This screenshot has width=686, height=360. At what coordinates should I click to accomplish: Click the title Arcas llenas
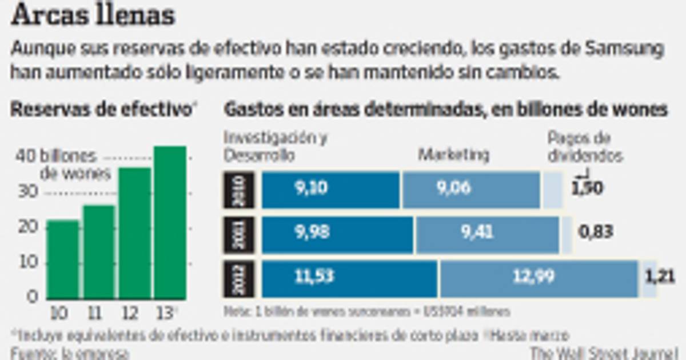(x=93, y=17)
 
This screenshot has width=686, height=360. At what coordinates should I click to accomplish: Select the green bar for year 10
(x=63, y=260)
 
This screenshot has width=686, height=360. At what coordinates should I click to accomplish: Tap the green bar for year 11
(x=98, y=253)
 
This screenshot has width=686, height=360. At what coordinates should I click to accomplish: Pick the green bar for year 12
(x=134, y=233)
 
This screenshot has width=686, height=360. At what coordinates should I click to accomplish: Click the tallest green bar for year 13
(x=170, y=223)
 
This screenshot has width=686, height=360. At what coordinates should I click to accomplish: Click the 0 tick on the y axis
(x=33, y=296)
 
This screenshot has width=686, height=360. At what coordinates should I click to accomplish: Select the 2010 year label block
(x=238, y=190)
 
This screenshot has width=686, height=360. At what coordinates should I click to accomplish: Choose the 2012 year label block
(x=238, y=279)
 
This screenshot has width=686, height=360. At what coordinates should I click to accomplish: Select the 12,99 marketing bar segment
(x=539, y=279)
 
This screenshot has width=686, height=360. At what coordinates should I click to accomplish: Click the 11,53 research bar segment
(x=349, y=279)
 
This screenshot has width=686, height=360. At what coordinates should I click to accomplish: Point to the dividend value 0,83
(x=595, y=232)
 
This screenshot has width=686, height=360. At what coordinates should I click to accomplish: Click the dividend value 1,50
(x=587, y=189)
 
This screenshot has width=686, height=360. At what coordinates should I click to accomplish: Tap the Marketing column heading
(x=454, y=154)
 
